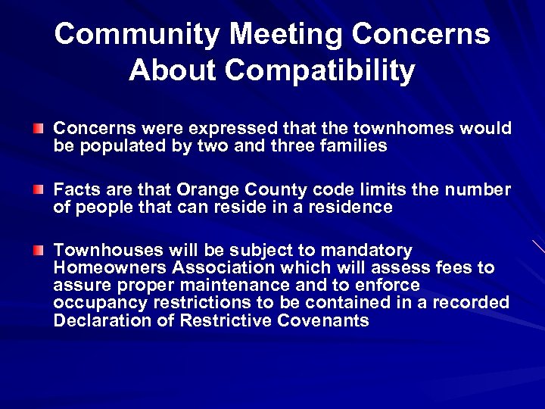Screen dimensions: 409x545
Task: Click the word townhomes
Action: pos(397,129)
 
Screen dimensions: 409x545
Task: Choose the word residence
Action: pos(355,207)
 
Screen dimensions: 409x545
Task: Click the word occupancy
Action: pos(99,302)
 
